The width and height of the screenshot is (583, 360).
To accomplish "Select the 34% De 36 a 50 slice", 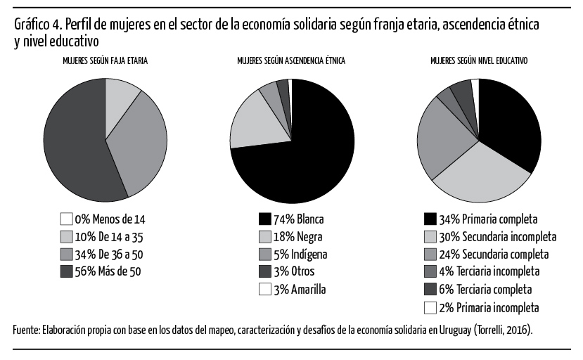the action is pos(138,145).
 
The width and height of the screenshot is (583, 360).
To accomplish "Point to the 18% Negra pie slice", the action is pos(257,123).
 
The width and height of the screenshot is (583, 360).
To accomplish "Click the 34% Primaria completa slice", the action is pos(509,123).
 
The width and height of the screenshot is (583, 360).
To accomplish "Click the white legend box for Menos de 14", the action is pos(66,219).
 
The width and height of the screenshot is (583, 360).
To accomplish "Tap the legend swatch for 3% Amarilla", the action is pos(264,290).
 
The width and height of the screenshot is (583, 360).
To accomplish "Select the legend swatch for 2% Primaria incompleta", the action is pos(430,307).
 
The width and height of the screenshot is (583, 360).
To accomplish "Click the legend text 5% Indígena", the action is pos(300,255).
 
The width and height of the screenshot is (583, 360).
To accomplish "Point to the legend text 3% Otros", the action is pos(294,271).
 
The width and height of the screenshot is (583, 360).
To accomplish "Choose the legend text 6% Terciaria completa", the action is pos(485,290).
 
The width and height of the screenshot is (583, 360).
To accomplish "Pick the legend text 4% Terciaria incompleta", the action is pos(489,271).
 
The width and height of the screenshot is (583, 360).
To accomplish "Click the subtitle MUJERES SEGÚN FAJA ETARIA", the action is pos(105,60).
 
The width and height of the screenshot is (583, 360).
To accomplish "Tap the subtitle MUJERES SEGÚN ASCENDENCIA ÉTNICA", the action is pos(291,60).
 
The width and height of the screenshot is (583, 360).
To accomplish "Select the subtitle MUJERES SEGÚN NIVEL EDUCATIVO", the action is pos(479,60).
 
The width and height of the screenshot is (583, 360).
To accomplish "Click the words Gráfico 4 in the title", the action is pos(38,25).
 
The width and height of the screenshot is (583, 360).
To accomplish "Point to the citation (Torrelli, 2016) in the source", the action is pos(503,330).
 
